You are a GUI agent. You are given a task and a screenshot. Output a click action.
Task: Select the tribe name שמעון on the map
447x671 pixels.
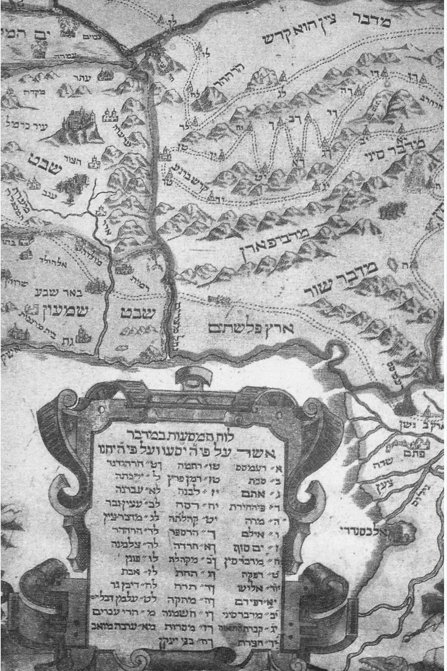tap(66, 312)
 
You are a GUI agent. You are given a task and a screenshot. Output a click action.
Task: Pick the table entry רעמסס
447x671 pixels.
tap(253, 467)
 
